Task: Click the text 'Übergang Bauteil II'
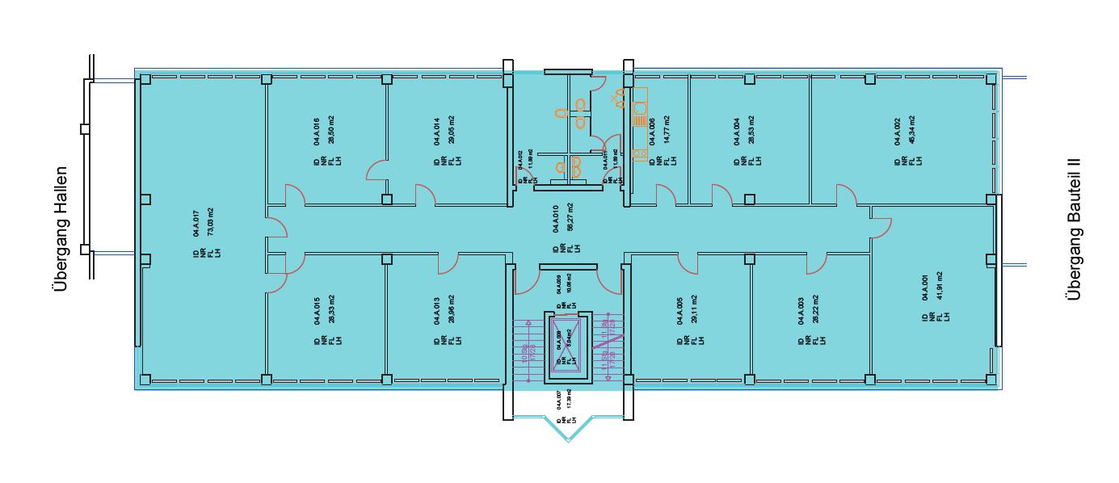1073,229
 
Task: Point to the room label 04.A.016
317,129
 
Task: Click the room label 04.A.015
317,312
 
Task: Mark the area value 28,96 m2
450,310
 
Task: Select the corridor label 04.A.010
557,218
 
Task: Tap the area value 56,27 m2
570,218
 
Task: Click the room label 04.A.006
651,131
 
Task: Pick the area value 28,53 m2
751,129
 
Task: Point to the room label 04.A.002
897,129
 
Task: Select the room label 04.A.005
679,312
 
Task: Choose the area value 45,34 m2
911,129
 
